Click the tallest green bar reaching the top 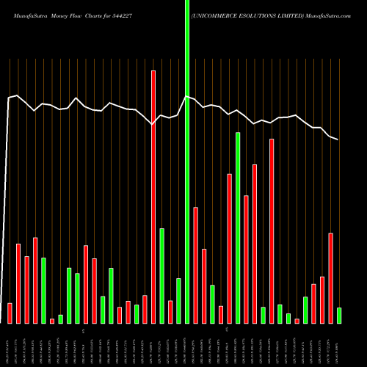tap(187, 161)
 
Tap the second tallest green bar tap(238, 228)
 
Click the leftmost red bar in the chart tap(10, 313)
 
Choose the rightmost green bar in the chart tap(339, 316)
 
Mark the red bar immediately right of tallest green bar tap(196, 265)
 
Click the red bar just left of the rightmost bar tap(331, 278)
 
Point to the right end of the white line tap(338, 139)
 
